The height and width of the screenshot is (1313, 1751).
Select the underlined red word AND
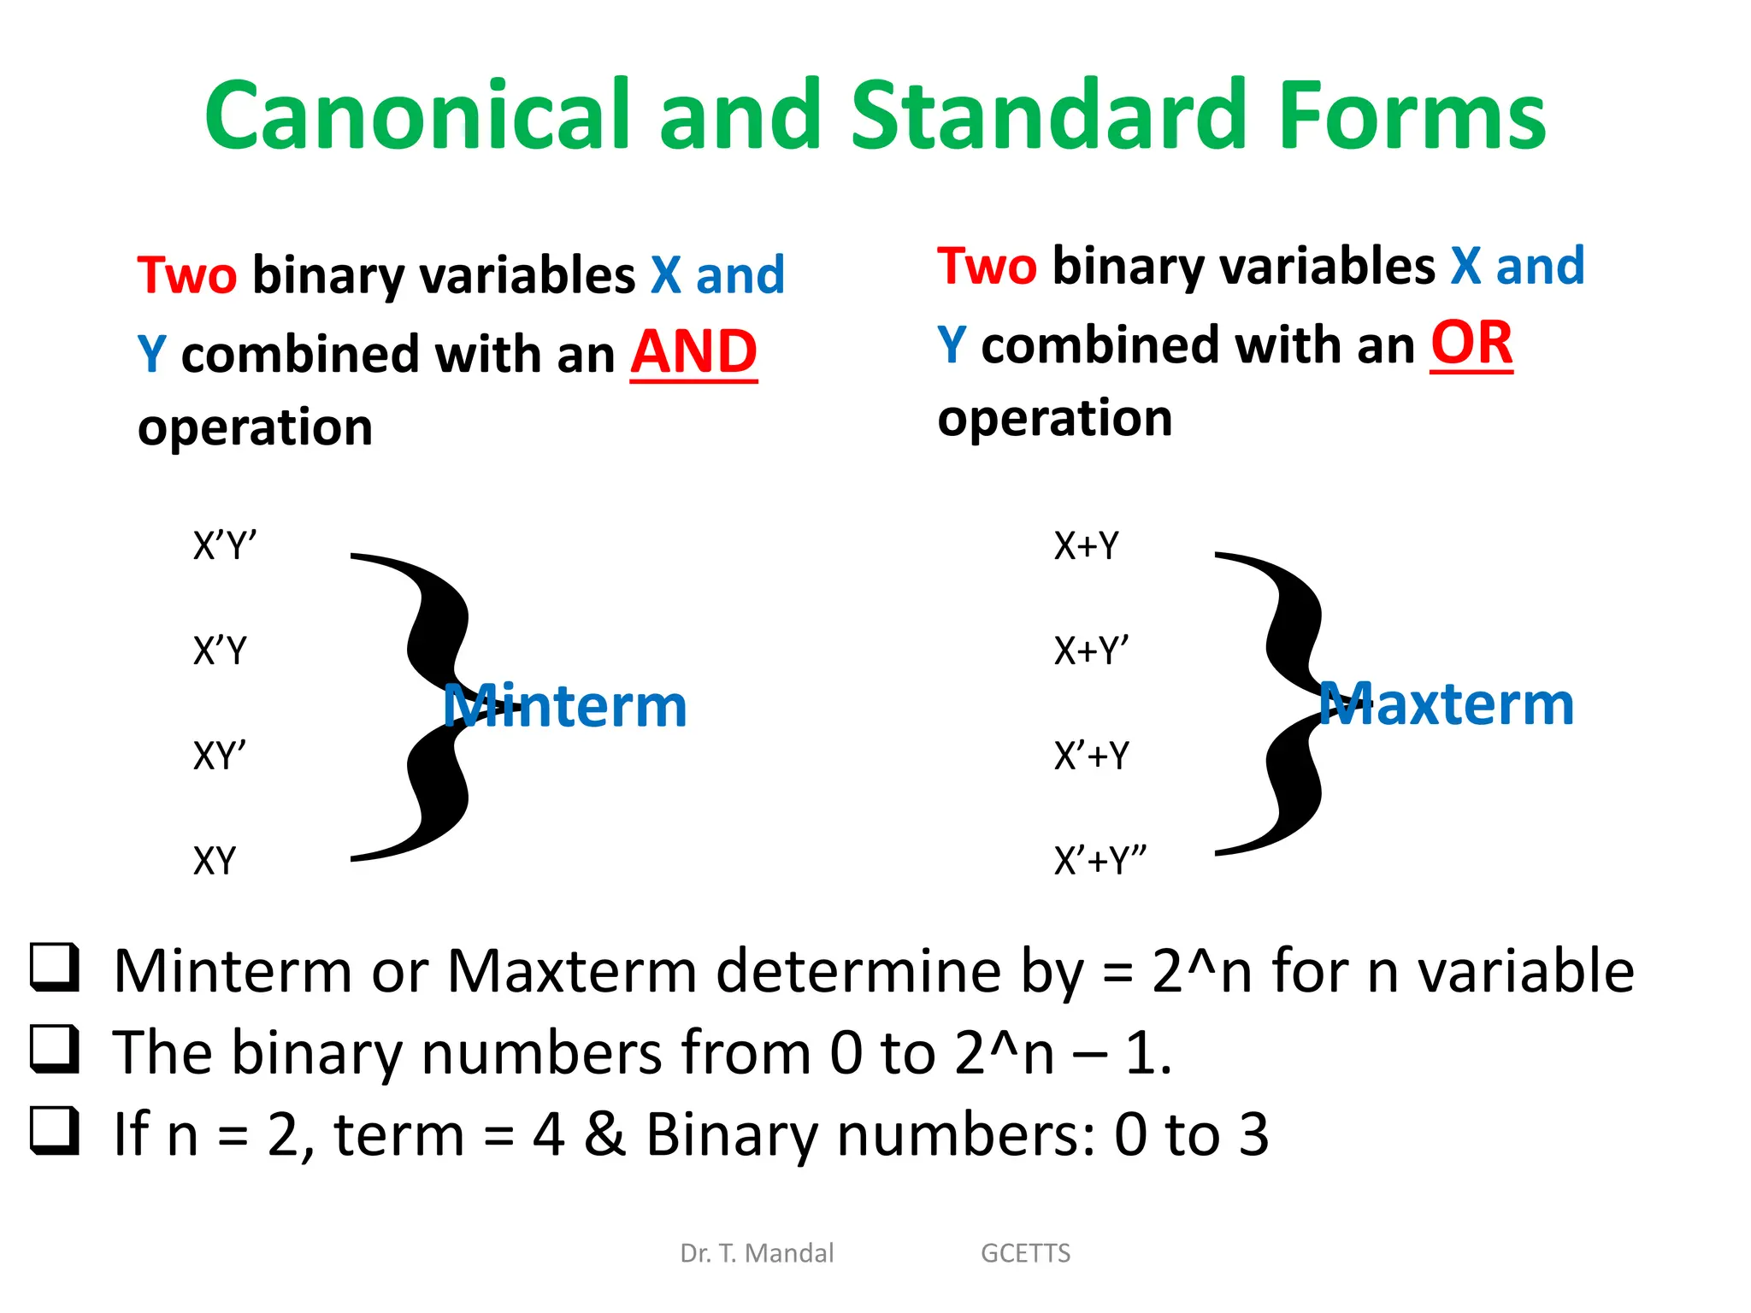pyautogui.click(x=693, y=352)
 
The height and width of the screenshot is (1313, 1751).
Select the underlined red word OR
pyautogui.click(x=1471, y=344)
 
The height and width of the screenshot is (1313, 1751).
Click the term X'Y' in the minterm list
pyautogui.click(x=225, y=545)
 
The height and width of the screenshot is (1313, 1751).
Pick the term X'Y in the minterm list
pyautogui.click(x=220, y=651)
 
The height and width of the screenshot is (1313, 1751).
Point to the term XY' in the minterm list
pyautogui.click(x=220, y=756)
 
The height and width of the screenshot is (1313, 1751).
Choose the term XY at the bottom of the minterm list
pyautogui.click(x=214, y=861)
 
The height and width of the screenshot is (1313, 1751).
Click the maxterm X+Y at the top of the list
pyautogui.click(x=1086, y=545)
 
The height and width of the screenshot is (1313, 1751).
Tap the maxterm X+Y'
pyautogui.click(x=1091, y=651)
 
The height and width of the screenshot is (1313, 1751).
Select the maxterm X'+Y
pyautogui.click(x=1091, y=756)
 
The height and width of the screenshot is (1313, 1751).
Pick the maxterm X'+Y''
pyautogui.click(x=1100, y=861)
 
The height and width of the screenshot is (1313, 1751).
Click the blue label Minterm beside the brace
pyautogui.click(x=565, y=706)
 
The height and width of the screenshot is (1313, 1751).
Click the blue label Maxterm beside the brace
pyautogui.click(x=1446, y=704)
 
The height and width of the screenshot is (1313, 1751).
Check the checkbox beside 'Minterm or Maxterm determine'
pyautogui.click(x=56, y=968)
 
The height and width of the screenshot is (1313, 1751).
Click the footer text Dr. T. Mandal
pyautogui.click(x=757, y=1253)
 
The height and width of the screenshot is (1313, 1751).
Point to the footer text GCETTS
pyautogui.click(x=1025, y=1253)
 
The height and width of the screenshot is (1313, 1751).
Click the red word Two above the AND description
pyautogui.click(x=187, y=275)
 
